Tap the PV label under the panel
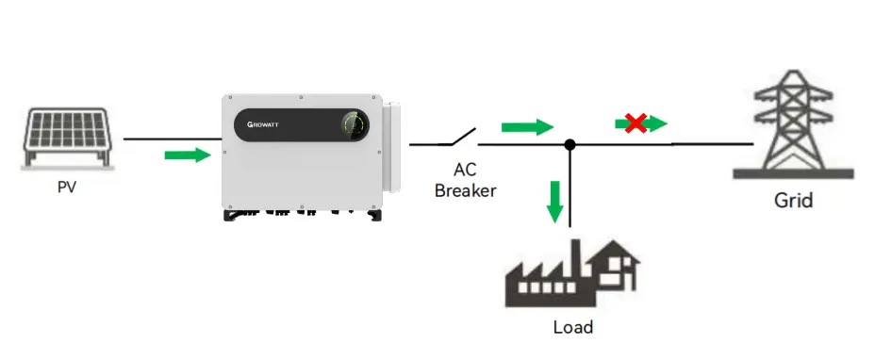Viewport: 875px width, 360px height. pyautogui.click(x=66, y=187)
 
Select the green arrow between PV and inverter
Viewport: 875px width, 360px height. pyautogui.click(x=187, y=154)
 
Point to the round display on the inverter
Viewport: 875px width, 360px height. pyautogui.click(x=355, y=126)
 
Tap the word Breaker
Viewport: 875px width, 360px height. pyautogui.click(x=466, y=189)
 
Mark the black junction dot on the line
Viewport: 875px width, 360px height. pyautogui.click(x=570, y=145)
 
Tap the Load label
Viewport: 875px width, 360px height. pyautogui.click(x=572, y=327)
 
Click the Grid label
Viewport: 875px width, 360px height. pyautogui.click(x=793, y=201)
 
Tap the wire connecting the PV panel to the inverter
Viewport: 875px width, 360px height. pyautogui.click(x=170, y=139)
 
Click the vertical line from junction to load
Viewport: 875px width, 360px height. pyautogui.click(x=570, y=188)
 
